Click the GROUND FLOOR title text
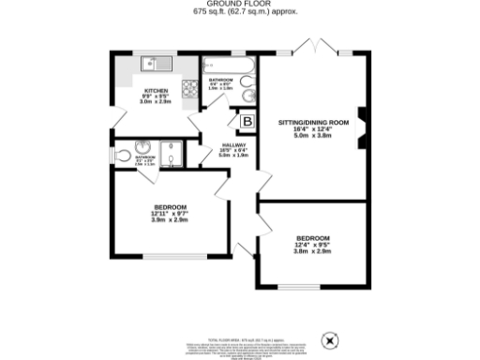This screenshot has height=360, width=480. tap(240, 5)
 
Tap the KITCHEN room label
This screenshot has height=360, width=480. tap(156, 90)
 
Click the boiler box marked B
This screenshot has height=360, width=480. tap(247, 121)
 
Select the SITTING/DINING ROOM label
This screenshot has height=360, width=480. tap(313, 123)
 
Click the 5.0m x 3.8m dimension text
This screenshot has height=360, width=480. tap(313, 137)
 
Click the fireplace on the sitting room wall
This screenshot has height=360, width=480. tap(361, 122)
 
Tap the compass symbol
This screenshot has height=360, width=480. tap(330, 339)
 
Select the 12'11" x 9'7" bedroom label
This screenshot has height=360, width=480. tap(170, 213)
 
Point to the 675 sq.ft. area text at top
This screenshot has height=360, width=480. tap(240, 13)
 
